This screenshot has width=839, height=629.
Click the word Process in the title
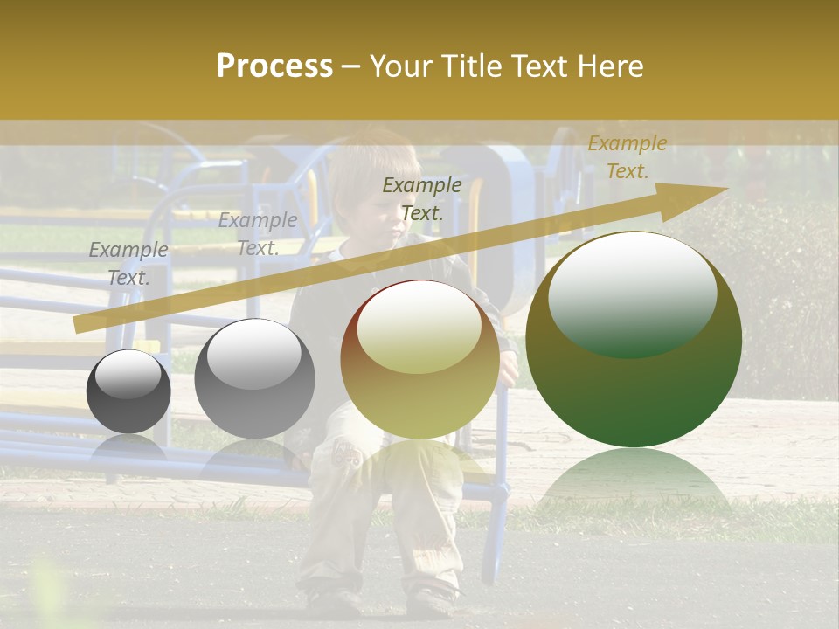click(274, 66)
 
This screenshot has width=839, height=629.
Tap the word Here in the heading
click(610, 66)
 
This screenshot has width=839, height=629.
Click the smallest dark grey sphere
click(128, 391)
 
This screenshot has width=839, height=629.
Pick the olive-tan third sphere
click(419, 360)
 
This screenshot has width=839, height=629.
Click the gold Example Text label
click(627, 157)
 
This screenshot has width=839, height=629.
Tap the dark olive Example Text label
click(422, 198)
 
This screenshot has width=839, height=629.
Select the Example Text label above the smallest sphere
click(128, 264)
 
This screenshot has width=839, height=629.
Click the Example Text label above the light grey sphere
click(258, 233)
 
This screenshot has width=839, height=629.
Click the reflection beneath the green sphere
click(634, 480)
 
